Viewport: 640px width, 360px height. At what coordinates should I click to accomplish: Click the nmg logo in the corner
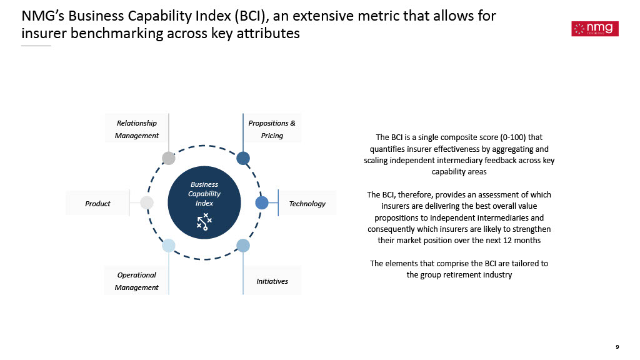(595, 29)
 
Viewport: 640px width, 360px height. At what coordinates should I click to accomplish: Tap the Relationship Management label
(137, 129)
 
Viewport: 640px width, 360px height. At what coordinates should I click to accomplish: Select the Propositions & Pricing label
(272, 129)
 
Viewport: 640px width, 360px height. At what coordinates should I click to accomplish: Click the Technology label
(307, 203)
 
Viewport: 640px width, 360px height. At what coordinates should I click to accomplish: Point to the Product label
(97, 203)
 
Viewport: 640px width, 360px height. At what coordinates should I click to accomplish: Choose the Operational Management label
(137, 281)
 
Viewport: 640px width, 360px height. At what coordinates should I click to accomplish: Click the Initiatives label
(272, 281)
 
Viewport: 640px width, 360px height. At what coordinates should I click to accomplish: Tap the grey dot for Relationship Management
(169, 158)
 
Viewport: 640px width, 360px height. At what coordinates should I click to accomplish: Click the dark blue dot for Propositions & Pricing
(243, 158)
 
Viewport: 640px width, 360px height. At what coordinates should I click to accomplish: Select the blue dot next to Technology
(262, 202)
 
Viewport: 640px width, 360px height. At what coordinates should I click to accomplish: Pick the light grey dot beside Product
(146, 202)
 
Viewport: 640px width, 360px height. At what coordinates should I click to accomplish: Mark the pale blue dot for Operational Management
(169, 246)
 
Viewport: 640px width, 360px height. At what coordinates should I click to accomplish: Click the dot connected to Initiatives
(243, 246)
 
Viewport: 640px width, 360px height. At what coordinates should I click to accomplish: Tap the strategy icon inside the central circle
(204, 222)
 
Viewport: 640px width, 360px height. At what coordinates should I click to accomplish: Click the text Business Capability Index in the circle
(204, 194)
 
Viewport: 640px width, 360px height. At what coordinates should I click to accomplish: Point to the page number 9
(617, 347)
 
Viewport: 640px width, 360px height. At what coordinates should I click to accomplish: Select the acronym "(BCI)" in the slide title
(251, 16)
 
